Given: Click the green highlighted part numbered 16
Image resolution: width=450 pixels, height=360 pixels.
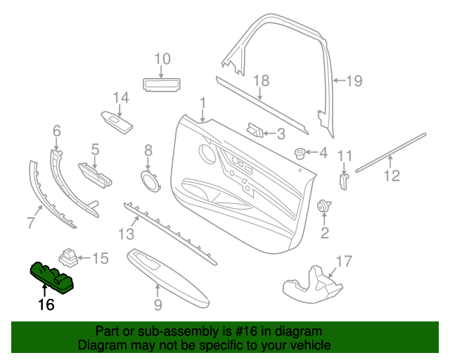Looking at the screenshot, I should (52, 277).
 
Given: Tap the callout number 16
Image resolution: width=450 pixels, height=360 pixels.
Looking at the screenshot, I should (46, 305).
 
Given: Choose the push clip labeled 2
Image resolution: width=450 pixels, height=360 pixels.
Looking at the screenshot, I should (325, 206).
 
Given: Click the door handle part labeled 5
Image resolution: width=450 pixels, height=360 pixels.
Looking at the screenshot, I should (96, 173).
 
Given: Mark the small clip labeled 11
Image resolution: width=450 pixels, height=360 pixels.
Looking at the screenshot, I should (344, 181).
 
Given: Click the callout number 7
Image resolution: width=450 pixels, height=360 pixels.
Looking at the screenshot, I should (30, 224).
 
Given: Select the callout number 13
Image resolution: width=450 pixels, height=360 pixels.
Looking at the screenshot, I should (125, 233).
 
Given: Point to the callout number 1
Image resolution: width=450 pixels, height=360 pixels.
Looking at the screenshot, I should (202, 104).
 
